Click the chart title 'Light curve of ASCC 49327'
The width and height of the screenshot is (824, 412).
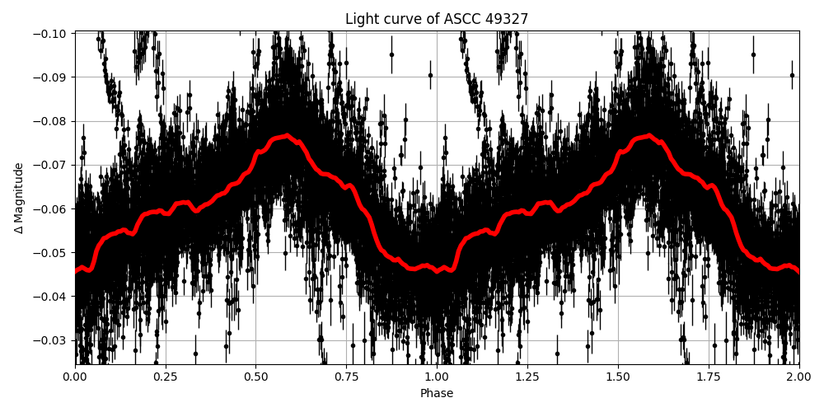pos(437,19)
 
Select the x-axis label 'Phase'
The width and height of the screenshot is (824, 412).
pos(437,394)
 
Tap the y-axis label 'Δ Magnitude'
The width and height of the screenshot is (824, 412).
pos(19,198)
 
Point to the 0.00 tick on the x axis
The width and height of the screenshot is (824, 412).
pos(75,377)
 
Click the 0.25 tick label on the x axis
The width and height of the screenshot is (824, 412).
pos(166,377)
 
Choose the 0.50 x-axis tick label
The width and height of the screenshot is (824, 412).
pos(255,377)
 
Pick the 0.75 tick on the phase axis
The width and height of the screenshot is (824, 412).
pos(346,377)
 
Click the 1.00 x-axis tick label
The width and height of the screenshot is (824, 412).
pos(437,377)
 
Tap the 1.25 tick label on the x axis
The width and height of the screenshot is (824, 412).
pos(527,377)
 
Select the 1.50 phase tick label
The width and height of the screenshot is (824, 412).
pos(618,377)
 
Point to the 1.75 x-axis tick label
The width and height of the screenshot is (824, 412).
pos(709,377)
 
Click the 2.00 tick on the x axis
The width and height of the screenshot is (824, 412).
pos(799,377)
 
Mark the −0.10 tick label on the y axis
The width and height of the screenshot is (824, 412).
pos(51,34)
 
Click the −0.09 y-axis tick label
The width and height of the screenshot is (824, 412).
pos(51,77)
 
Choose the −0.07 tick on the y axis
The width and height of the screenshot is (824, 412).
pos(51,165)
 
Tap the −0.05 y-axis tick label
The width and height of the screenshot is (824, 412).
pos(51,252)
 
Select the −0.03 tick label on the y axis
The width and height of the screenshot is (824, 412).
pos(51,340)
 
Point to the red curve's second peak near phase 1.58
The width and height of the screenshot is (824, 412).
pos(648,135)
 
